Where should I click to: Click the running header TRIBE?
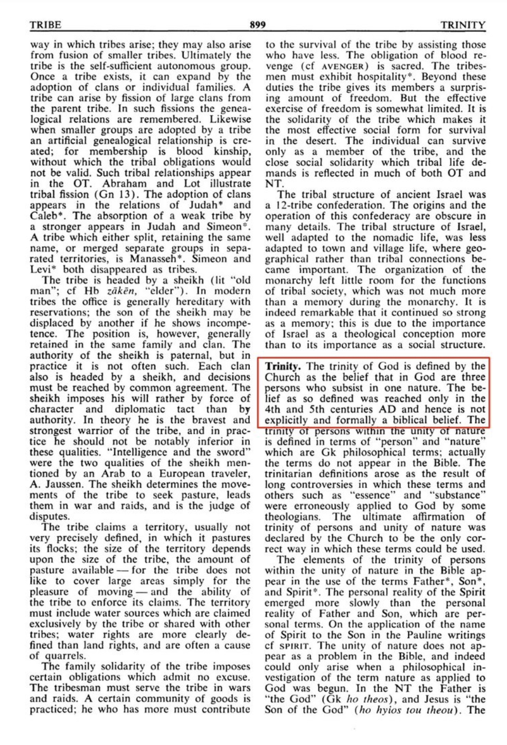click(45, 25)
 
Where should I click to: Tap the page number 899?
click(257, 25)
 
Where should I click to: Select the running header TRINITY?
click(463, 25)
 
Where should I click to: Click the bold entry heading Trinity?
click(283, 366)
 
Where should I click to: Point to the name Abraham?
click(124, 184)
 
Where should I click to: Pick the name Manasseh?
click(158, 259)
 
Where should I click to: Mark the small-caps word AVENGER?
click(343, 67)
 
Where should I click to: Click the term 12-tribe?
click(295, 206)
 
